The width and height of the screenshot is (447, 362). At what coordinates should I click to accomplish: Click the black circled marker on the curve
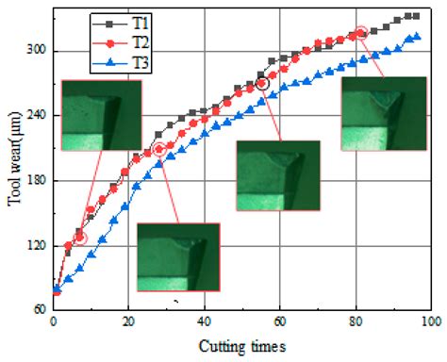[262, 84]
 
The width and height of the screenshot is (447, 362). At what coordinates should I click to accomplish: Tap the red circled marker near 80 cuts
[359, 34]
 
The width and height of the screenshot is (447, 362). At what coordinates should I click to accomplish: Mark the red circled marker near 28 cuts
[159, 149]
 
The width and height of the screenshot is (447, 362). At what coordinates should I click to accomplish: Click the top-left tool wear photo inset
[100, 115]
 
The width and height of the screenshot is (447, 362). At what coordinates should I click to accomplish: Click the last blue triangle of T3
[417, 38]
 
